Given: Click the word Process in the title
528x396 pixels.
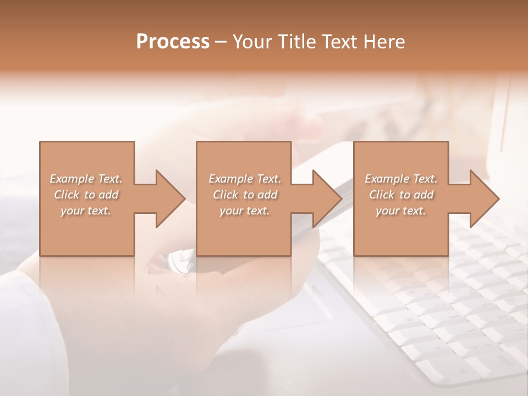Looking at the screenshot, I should pos(173,42).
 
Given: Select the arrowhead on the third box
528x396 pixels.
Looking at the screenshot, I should pos(482,199).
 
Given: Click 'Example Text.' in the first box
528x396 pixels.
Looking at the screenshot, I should pos(86,179).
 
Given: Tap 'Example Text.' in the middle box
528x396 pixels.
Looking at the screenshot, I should pos(245,179).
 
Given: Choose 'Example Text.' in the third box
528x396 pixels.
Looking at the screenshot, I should pos(401,179).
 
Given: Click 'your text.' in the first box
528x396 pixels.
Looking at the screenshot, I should pos(86,211).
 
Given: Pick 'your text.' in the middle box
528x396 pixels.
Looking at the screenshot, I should pos(245,211).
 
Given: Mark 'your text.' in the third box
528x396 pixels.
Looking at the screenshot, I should pos(401,211).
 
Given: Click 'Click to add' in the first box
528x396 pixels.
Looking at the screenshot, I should pos(86,195).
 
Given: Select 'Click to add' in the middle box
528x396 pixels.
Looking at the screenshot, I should pos(245,195).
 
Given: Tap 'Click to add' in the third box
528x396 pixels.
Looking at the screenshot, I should pos(401,195).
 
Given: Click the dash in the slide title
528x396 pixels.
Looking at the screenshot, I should pos(221,42).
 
